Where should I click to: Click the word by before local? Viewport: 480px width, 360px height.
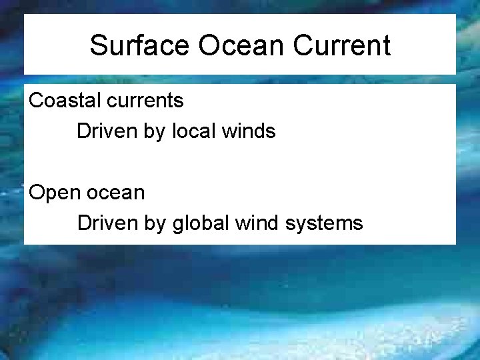pyautogui.click(x=153, y=132)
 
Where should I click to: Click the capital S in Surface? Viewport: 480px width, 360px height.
pyautogui.click(x=98, y=45)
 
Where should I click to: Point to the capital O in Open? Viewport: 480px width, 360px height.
pyautogui.click(x=36, y=193)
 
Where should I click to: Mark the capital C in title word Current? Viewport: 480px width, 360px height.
pyautogui.click(x=301, y=45)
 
